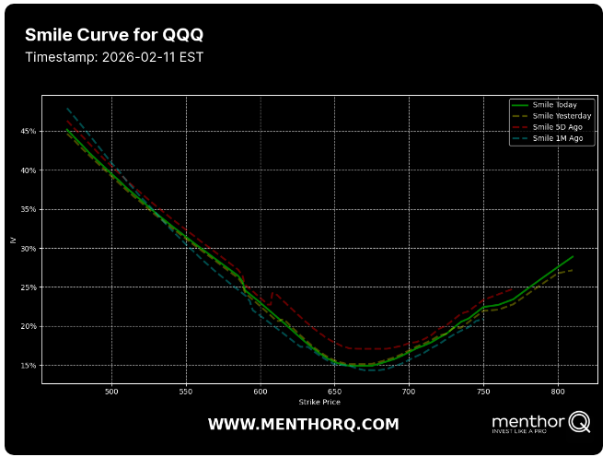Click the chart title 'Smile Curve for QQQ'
[x=114, y=35]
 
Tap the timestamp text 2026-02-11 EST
[x=114, y=57]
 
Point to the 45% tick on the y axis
[x=29, y=132]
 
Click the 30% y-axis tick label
[x=29, y=249]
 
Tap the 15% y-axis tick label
[x=29, y=366]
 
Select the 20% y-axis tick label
[x=29, y=327]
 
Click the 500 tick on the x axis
[x=112, y=392]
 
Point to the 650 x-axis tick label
[x=334, y=392]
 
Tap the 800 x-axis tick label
[x=557, y=392]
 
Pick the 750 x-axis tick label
[x=482, y=392]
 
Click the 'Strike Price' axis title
[x=319, y=403]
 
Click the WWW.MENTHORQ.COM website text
[x=303, y=425]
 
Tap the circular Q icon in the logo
[x=579, y=422]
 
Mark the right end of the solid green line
[x=573, y=256]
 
